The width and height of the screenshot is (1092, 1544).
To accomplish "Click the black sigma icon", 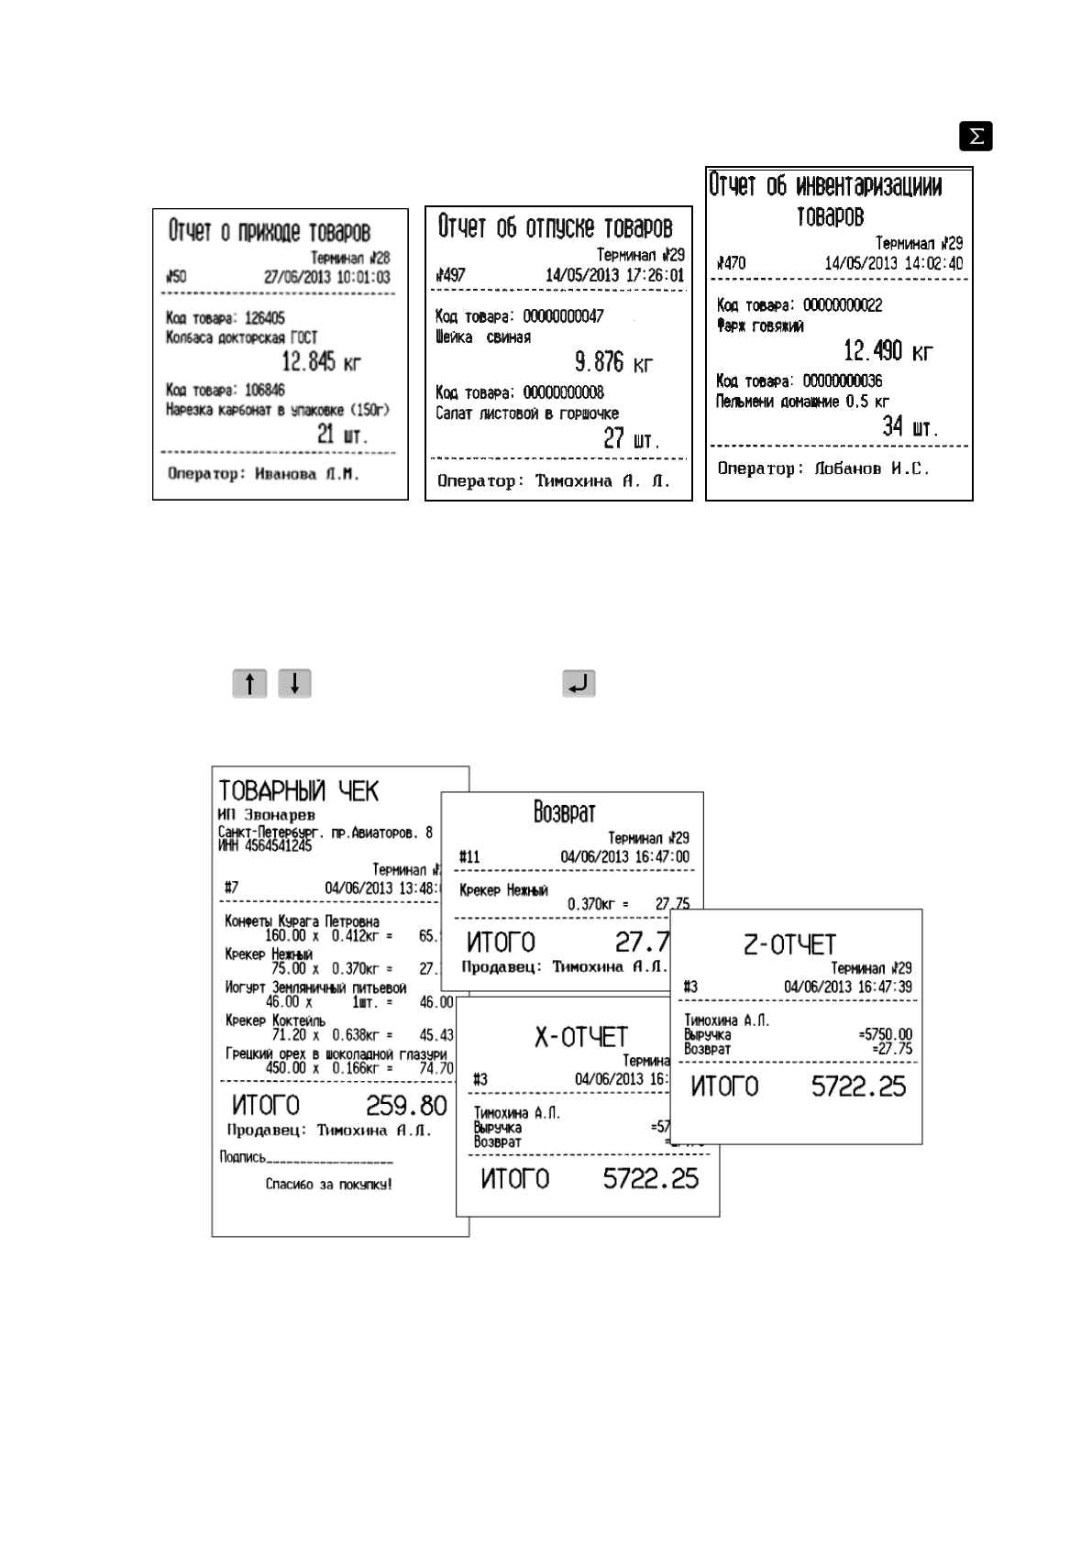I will [x=976, y=137].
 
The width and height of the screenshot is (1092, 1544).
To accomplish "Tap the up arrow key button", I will [x=249, y=684].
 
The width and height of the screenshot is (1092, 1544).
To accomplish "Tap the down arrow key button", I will [x=294, y=684].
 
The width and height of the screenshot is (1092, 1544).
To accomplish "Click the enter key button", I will [x=579, y=684].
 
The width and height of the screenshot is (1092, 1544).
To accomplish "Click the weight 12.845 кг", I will [x=321, y=362].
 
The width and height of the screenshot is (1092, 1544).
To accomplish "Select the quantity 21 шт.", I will [x=342, y=436].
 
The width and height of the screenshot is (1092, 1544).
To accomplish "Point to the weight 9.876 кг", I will [x=613, y=361].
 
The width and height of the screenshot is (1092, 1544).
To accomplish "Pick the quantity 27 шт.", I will [x=631, y=439].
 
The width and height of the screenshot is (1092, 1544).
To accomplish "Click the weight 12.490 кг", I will [x=888, y=350].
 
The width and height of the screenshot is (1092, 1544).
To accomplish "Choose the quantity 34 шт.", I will [x=910, y=426].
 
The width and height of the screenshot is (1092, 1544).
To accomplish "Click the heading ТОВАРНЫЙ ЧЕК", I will [x=298, y=790].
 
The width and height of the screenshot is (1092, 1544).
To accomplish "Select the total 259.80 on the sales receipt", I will [x=406, y=1105].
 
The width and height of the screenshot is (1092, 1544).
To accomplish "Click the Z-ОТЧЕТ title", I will [x=789, y=944].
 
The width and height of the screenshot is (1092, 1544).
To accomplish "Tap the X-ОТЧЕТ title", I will [x=581, y=1037].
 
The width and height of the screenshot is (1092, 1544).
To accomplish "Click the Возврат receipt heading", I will [x=565, y=812].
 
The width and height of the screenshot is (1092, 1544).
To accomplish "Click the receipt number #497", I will [x=450, y=275].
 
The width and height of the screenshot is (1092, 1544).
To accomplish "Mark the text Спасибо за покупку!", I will [x=329, y=1184].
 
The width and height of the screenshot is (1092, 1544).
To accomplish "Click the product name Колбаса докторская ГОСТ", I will [x=241, y=337].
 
